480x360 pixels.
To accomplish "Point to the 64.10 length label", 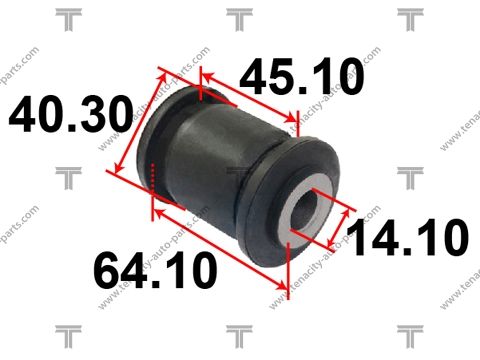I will (x=156, y=269).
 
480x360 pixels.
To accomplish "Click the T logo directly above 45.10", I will (x=239, y=17).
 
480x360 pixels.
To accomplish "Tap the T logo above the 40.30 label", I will (x=67, y=17).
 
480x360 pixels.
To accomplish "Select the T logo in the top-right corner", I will (x=410, y=17).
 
